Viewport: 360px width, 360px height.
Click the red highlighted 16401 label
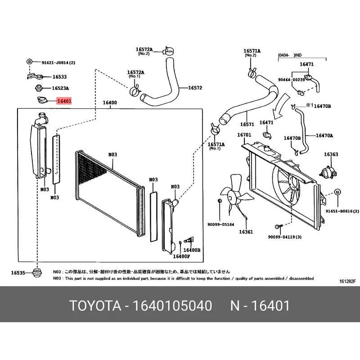(64, 101)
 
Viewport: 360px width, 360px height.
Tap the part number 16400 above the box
(110, 103)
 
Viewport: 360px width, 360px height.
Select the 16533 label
(59, 77)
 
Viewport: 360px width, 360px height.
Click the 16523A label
(61, 88)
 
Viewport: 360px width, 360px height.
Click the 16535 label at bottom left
(18, 273)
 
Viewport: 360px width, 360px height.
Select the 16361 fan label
(246, 232)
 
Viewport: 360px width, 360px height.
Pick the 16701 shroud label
(244, 135)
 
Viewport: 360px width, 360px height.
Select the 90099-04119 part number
(284, 237)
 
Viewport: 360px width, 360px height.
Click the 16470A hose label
(324, 135)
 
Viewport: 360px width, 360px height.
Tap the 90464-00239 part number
(291, 79)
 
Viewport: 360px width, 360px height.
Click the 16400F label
(182, 256)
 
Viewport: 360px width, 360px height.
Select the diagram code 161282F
(347, 282)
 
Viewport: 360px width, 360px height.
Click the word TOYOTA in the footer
(95, 306)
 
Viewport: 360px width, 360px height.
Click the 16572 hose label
(195, 88)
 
